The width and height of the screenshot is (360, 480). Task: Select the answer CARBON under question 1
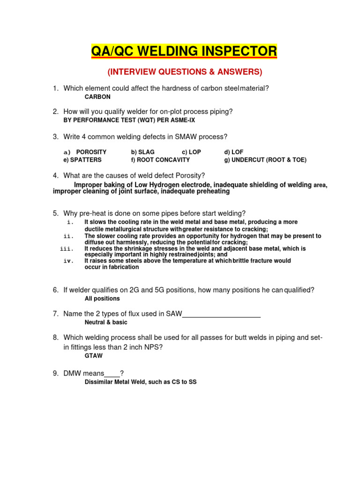coord(97,97)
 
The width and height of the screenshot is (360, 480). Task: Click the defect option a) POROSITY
coord(85,152)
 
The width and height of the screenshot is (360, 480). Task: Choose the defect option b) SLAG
coord(143,152)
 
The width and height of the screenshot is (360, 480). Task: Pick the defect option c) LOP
coord(191,152)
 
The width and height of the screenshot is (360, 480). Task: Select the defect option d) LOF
coord(234,152)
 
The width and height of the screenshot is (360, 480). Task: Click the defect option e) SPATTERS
coord(82,160)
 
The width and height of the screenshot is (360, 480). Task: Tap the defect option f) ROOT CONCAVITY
coord(160,160)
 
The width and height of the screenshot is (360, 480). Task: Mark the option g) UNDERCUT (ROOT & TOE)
coord(265,160)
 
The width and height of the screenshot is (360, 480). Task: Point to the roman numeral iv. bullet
coord(69,261)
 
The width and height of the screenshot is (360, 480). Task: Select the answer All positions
coord(102,299)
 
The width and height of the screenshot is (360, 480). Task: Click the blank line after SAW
coord(221,314)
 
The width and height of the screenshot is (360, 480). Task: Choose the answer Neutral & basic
coord(106,322)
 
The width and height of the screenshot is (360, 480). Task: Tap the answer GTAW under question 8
coord(94,356)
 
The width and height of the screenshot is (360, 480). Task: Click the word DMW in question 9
coord(74,374)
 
